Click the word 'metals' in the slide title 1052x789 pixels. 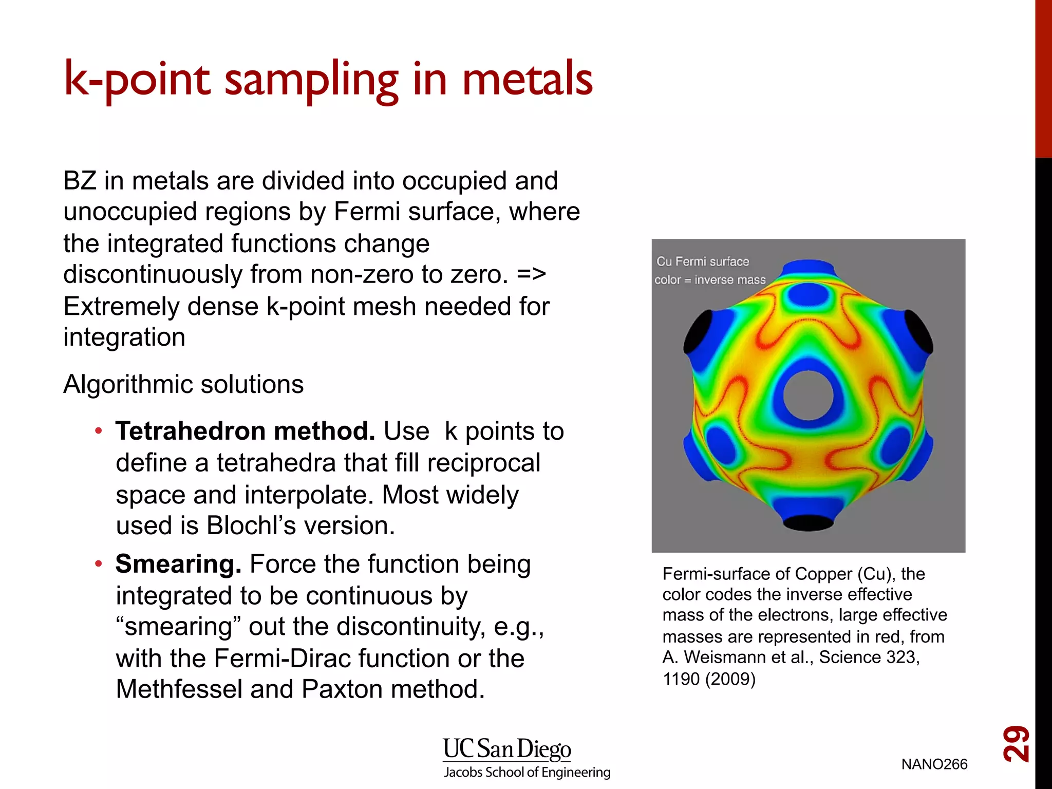click(527, 80)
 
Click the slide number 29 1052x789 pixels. click(1016, 743)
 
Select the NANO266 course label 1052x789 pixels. click(934, 764)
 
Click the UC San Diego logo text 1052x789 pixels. click(506, 749)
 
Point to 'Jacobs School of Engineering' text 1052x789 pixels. click(527, 772)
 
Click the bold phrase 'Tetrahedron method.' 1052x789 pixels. click(245, 431)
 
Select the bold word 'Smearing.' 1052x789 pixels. click(178, 564)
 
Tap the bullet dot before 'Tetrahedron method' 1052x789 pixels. click(99, 430)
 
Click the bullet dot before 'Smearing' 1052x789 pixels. click(99, 564)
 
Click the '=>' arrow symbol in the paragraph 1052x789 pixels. click(531, 274)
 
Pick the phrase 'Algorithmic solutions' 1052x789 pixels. click(183, 384)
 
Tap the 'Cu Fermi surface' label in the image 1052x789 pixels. click(702, 261)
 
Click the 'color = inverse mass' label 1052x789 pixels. click(709, 280)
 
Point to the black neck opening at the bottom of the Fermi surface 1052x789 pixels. click(807, 523)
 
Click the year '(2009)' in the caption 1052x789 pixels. click(730, 679)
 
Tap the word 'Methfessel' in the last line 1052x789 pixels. click(179, 689)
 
